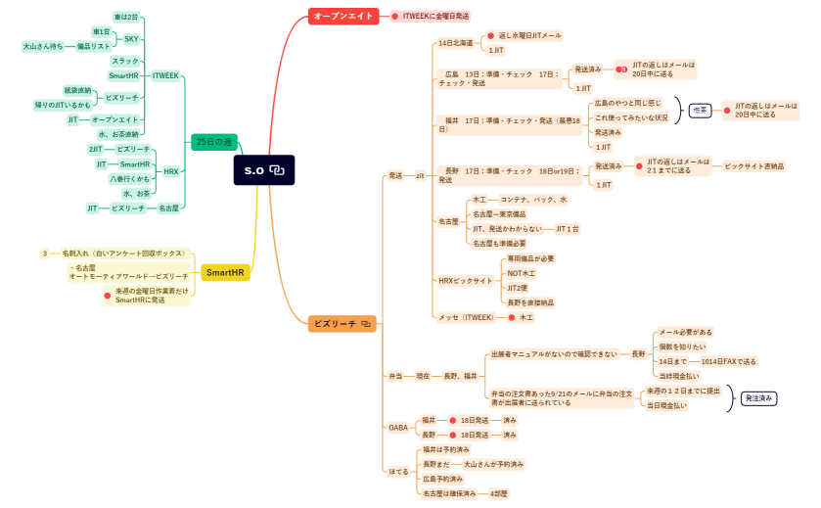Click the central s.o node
(x=263, y=170)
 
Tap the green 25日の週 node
(x=214, y=141)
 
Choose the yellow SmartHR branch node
(x=225, y=272)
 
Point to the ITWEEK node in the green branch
(x=166, y=74)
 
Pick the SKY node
(x=131, y=39)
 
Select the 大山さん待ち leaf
(x=43, y=46)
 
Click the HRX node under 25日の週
(x=171, y=171)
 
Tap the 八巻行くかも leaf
(x=129, y=179)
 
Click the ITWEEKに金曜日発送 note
(x=435, y=16)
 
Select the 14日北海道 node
(x=456, y=43)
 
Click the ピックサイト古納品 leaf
(x=753, y=166)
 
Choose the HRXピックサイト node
(x=466, y=281)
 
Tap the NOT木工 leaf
(x=522, y=273)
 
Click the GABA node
(x=398, y=428)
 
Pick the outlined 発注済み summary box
(x=758, y=398)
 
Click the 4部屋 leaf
(x=499, y=493)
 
